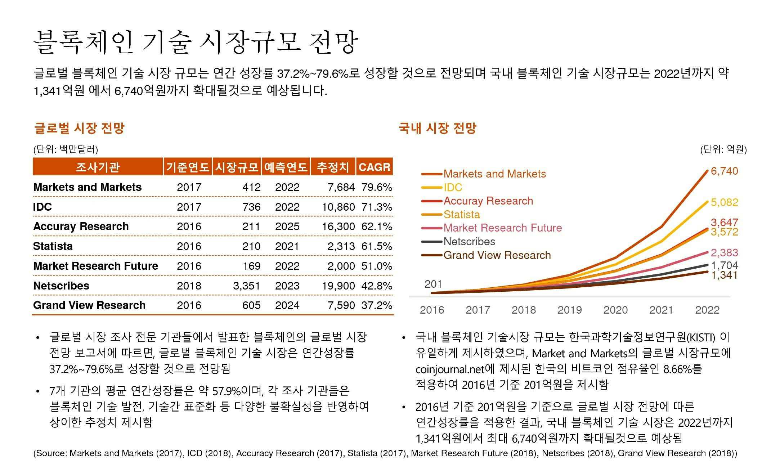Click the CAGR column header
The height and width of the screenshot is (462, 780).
374,167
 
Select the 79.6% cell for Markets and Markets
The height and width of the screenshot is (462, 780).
377,187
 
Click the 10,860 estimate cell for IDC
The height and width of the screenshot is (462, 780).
338,207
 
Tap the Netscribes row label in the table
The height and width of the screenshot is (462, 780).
61,286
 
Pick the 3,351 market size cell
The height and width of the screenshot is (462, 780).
247,286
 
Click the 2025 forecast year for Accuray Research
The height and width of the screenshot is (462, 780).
287,226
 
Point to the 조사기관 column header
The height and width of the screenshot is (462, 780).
98,167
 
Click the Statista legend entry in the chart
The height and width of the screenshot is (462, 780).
462,215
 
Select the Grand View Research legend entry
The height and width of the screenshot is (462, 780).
497,255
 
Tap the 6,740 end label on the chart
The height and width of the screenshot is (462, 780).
724,171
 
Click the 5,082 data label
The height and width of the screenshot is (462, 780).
724,202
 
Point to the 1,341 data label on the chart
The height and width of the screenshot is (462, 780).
724,275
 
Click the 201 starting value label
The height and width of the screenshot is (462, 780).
433,284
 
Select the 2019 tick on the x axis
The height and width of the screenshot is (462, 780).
569,310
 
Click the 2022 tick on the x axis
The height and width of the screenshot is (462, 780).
707,310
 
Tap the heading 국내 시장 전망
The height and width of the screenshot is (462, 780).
437,128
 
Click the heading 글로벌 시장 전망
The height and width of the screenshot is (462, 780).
79,128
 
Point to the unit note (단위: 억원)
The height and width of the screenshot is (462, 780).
723,149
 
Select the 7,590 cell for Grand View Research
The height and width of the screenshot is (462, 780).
341,305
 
